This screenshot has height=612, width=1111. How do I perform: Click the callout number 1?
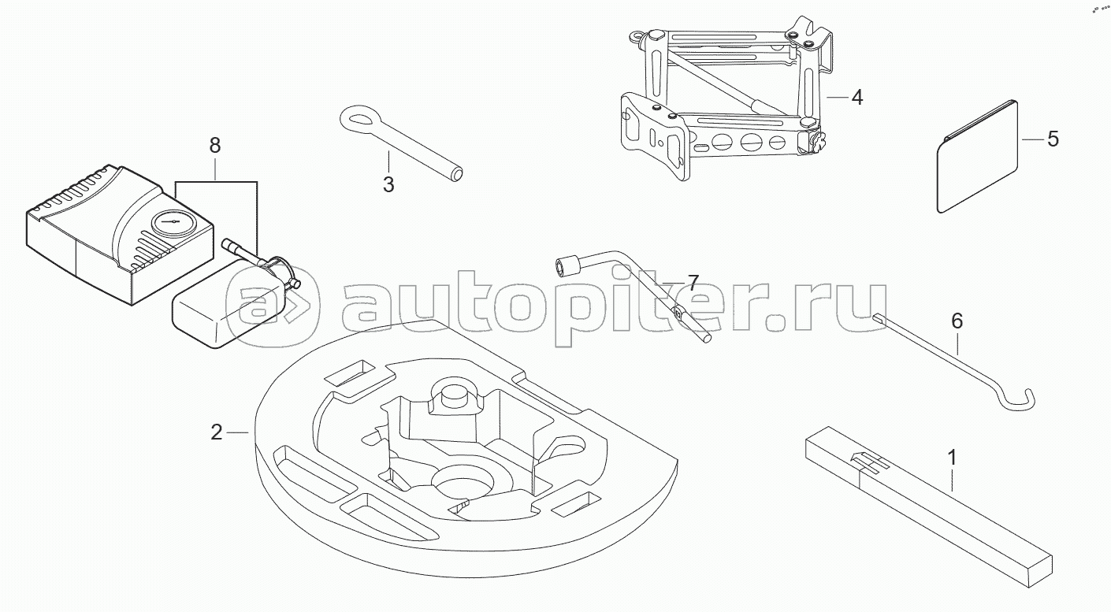[x=952, y=458]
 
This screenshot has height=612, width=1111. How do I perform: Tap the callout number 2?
[x=216, y=432]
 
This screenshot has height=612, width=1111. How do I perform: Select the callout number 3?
[x=388, y=184]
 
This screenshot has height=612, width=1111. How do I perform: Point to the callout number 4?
[x=856, y=98]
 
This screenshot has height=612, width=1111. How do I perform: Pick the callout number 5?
[x=1053, y=139]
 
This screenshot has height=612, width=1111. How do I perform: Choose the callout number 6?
[x=957, y=321]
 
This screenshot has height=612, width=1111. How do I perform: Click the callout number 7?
[x=692, y=281]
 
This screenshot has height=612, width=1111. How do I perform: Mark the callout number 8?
[x=214, y=145]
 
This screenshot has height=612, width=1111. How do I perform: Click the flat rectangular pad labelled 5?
[x=977, y=158]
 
